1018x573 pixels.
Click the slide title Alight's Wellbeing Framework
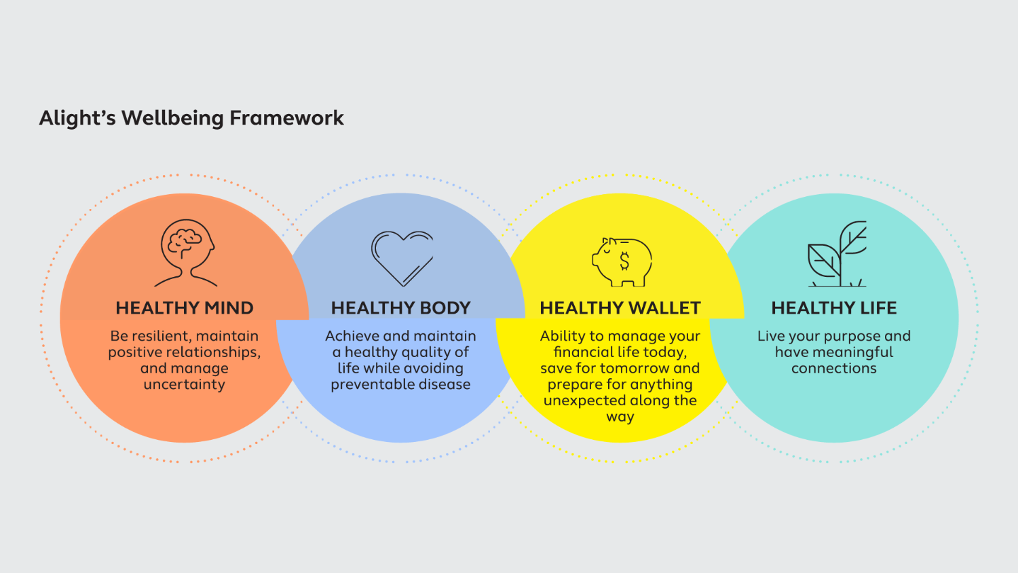[191, 118]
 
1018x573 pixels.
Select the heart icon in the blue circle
[402, 257]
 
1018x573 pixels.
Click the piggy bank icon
[622, 261]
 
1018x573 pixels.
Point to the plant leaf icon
[837, 254]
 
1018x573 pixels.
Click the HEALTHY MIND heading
[185, 308]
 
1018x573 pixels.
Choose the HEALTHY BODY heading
[400, 308]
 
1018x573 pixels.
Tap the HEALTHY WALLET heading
[620, 308]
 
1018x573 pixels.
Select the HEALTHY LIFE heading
[834, 308]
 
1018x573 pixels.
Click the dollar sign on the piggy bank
[624, 261]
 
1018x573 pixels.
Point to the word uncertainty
[184, 384]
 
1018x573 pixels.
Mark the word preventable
[368, 385]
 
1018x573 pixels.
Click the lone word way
[620, 418]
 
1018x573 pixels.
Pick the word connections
[833, 369]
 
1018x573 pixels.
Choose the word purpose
[846, 337]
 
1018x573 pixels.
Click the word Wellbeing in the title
[172, 118]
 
